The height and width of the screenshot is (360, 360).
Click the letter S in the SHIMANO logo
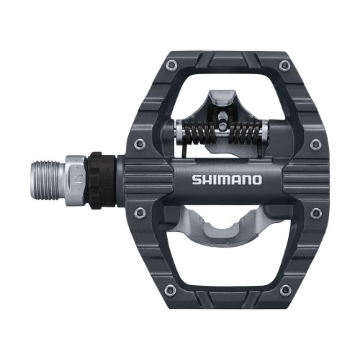[197, 179]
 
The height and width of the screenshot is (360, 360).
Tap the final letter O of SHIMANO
[256, 179]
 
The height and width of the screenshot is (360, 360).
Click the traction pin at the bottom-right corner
[285, 290]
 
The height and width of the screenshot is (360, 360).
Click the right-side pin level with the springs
[315, 145]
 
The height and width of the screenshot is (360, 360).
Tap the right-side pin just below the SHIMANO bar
[315, 212]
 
